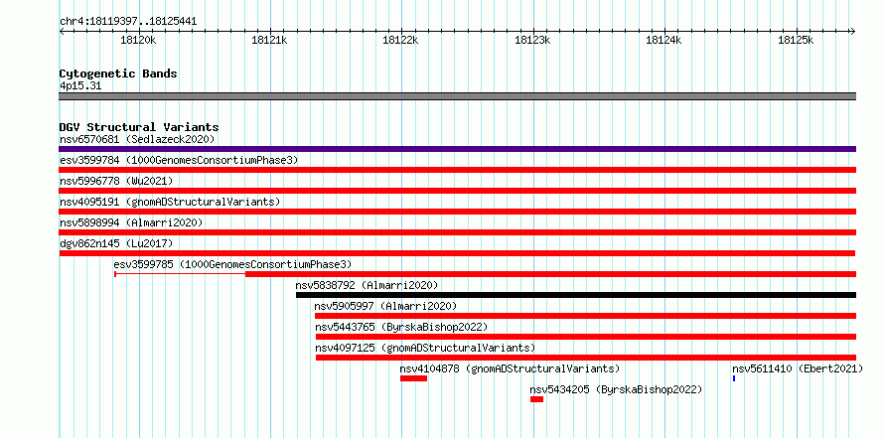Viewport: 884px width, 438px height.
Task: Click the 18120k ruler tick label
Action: (138, 40)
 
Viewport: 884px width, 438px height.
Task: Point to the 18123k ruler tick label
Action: (532, 40)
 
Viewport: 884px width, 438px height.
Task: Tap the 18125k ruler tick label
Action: (796, 40)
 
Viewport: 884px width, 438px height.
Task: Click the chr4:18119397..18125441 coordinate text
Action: (128, 22)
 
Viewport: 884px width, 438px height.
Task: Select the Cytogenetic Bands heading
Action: (118, 73)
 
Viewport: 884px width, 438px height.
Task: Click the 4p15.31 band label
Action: (80, 86)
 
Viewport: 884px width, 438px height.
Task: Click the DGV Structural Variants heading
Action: (139, 127)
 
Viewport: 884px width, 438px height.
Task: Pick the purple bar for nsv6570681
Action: (457, 149)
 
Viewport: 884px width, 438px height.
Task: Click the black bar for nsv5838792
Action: (576, 295)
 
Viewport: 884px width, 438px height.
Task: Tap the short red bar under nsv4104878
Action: (414, 378)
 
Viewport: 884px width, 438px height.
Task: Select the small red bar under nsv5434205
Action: (536, 399)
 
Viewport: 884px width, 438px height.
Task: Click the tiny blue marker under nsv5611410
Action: (734, 378)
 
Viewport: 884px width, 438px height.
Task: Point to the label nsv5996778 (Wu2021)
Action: (116, 181)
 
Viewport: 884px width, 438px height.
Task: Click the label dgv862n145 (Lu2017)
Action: (116, 243)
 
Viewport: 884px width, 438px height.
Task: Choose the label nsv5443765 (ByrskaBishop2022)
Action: (401, 327)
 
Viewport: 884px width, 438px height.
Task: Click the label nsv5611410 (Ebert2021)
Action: (798, 368)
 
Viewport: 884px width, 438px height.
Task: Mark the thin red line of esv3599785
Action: (180, 274)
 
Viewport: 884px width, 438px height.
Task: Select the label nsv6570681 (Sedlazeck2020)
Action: (137, 139)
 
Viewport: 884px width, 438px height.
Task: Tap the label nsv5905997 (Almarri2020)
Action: (385, 306)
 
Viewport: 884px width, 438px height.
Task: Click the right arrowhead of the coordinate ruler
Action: (853, 32)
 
